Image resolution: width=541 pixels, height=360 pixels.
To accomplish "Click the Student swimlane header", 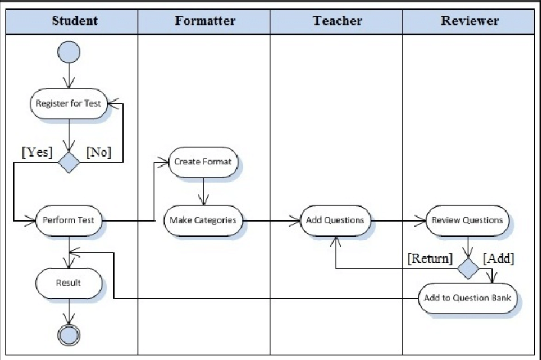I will pos(74,21).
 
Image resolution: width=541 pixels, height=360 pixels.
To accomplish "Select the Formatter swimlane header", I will pos(204,21).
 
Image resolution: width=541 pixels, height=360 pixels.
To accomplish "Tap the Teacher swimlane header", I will pos(336,21).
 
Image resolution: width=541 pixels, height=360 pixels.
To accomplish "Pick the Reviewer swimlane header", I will pos(469,21).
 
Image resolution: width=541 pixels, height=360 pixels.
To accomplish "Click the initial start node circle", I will pos(69,52).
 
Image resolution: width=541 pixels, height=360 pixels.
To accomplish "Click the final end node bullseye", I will pos(70,334).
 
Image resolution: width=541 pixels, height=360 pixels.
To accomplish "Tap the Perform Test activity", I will pos(69,220).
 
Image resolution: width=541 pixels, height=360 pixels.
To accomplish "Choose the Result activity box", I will pos(69,283).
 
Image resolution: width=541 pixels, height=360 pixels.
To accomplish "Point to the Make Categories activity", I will pos(203,220).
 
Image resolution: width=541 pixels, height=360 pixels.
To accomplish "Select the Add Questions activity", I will pos(335,220).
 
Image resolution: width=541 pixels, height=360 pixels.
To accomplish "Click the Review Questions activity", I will pos(467,220).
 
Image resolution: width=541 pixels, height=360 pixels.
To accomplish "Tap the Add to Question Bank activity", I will pos(467,297).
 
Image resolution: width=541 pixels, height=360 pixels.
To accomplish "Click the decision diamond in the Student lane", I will pos(70,162).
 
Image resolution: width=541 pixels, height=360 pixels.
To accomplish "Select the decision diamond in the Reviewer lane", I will pos(468,268).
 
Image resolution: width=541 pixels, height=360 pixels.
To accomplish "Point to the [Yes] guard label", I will pos(37,152).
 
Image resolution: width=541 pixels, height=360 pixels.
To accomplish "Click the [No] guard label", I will pos(99,152).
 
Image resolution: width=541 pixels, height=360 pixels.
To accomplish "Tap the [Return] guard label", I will pos(429,258).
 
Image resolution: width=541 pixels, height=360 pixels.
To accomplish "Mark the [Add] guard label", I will pos(498,258).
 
